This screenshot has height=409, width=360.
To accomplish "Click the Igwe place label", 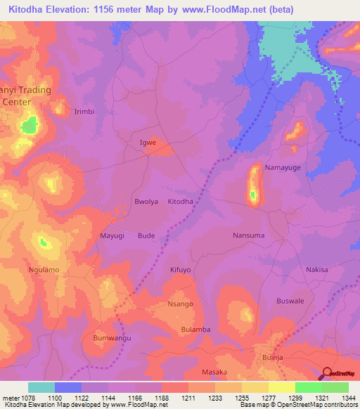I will click(x=148, y=143).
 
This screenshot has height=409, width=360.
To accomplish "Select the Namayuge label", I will click(x=282, y=168).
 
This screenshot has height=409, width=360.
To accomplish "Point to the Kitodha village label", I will click(x=180, y=202).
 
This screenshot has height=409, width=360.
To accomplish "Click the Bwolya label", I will click(x=146, y=202).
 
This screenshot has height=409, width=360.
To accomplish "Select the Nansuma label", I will click(x=248, y=235).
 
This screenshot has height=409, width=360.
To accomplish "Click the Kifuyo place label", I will click(x=180, y=269).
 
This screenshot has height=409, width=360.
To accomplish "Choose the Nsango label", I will click(x=180, y=304).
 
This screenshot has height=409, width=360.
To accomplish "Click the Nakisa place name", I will click(x=316, y=269).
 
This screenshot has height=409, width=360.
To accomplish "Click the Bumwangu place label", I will click(x=112, y=338).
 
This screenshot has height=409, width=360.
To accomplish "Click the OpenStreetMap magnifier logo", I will click(x=326, y=373).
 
